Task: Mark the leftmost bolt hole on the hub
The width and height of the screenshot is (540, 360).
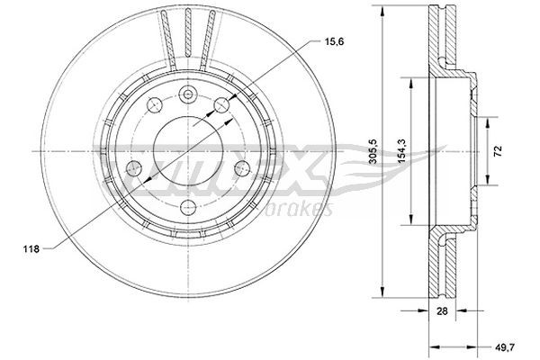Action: [x=133, y=168]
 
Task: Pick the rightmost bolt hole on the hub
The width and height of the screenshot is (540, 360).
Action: [x=240, y=168]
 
